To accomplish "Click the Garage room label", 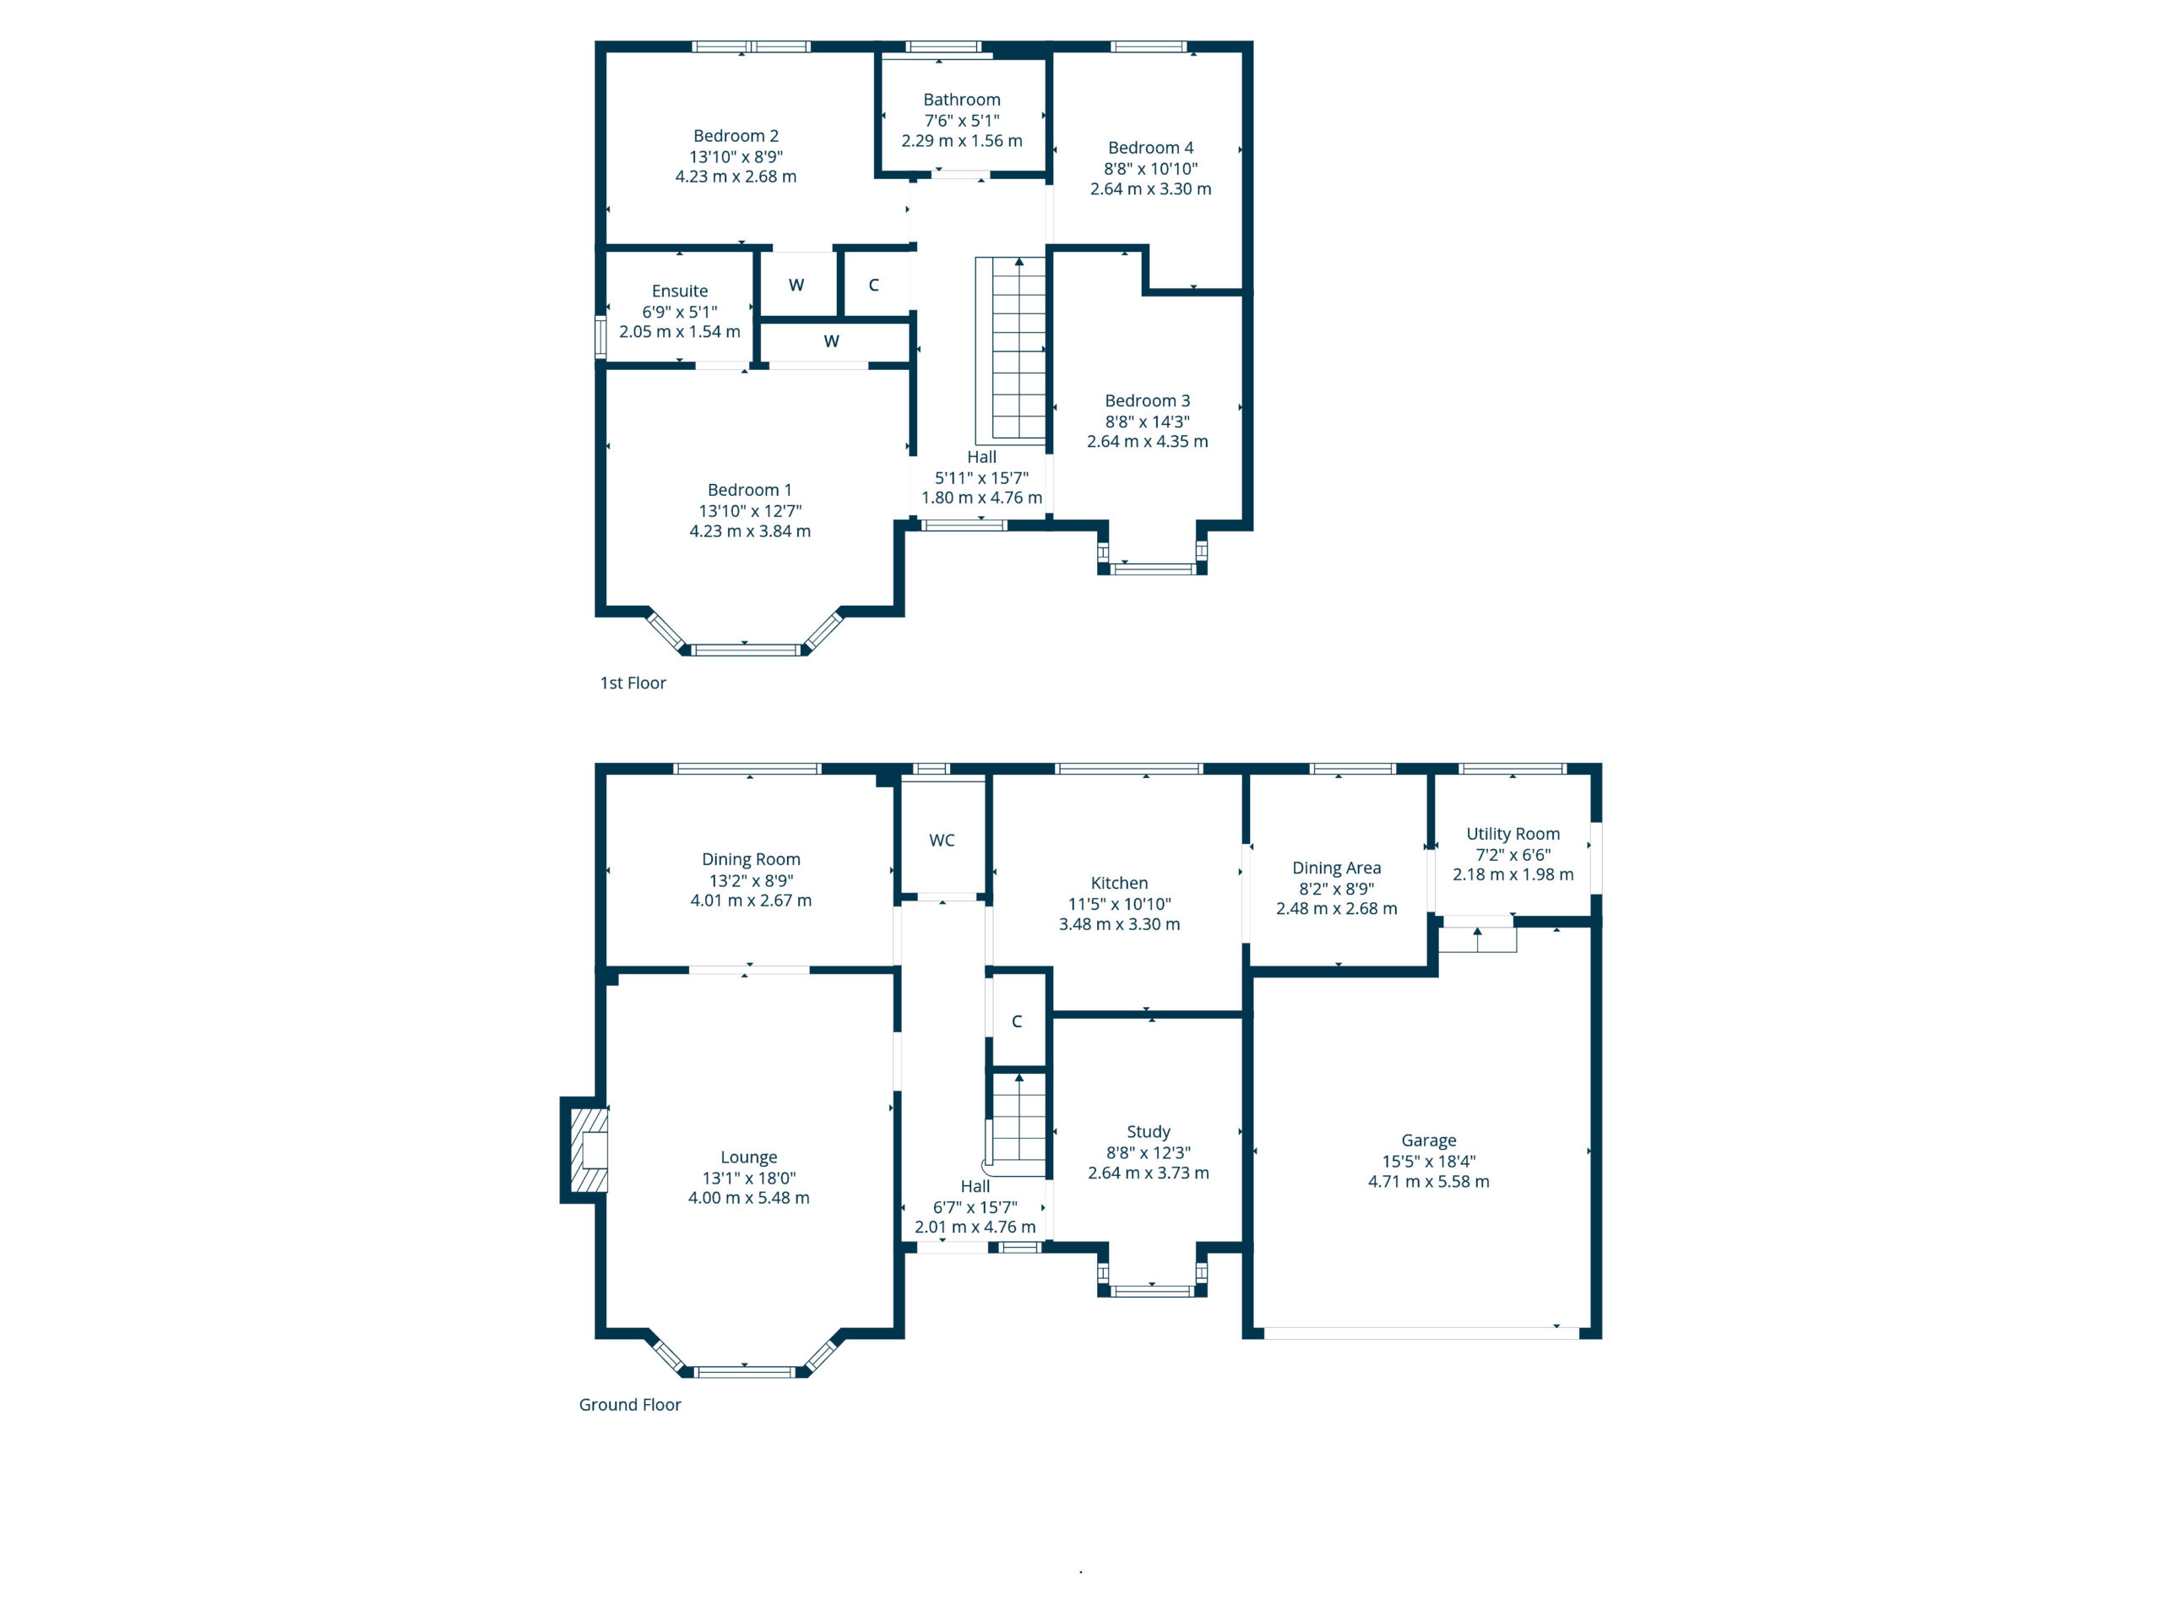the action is pos(1428,1140).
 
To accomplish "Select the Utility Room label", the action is pos(1513,834).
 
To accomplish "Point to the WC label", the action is pos(942,841).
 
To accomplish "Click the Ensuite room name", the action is pos(679,291).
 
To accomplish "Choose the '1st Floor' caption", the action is pos(633,683).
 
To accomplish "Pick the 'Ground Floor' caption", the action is pos(629,1405).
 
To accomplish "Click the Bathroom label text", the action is pos(962,100).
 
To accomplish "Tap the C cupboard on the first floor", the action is pos(875,285).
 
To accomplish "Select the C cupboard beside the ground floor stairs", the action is pos(1018,1021).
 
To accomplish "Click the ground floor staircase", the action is pos(1017,1124).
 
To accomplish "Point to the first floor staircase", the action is pos(1012,350).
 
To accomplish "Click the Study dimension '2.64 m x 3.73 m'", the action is pos(1149,1173).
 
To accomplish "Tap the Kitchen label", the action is pos(1119,883).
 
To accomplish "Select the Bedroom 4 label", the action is pos(1150,148).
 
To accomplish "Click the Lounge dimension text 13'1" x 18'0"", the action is pos(749,1178).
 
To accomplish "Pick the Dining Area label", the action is pos(1336,868).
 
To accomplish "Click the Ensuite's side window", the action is pos(601,336).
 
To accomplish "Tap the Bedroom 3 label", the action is pos(1148,401).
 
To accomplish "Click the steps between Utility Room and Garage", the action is pos(1478,939).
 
